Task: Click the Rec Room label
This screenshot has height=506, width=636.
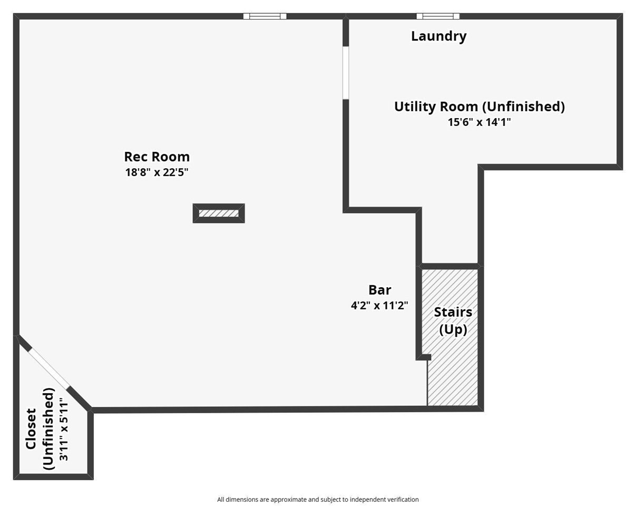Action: [156, 157]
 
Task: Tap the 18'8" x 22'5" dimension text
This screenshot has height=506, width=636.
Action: [156, 172]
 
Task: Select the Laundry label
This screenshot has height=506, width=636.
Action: [438, 36]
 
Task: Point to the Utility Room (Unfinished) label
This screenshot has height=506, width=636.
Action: [479, 106]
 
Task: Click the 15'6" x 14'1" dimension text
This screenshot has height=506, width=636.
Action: [479, 122]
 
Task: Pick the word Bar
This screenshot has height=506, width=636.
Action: [379, 290]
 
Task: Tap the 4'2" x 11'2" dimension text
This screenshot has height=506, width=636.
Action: [379, 306]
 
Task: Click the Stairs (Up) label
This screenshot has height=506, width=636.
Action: [453, 320]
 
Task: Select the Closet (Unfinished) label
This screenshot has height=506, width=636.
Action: [40, 429]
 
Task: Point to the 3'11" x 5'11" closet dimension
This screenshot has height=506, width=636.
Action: [64, 430]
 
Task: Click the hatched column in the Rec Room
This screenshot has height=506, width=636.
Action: [219, 213]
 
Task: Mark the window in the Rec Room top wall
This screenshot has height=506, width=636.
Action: [265, 16]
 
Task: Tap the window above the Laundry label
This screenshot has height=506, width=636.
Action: [438, 16]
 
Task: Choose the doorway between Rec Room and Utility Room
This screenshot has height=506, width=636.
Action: [346, 73]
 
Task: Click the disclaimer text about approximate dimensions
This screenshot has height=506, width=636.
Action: [318, 499]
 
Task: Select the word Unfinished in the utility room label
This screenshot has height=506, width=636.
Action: [524, 106]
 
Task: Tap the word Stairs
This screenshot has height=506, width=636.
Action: [453, 312]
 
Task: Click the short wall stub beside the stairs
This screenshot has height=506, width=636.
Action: [424, 357]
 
